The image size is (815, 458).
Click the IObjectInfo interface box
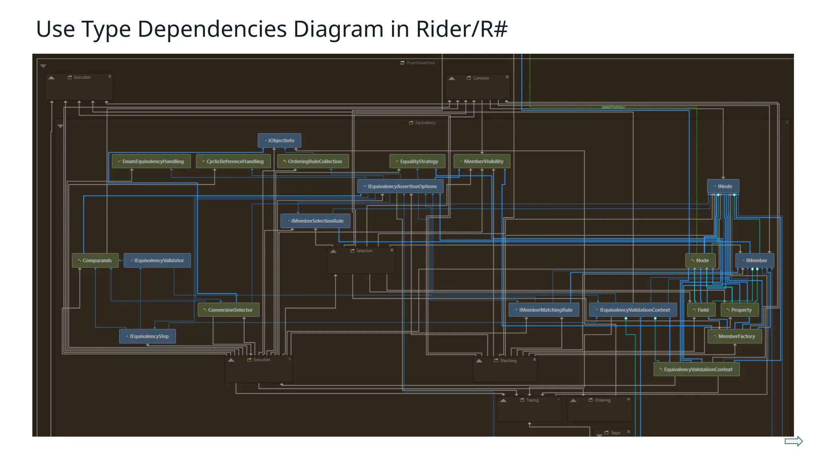[279, 140]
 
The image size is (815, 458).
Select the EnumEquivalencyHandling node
[151, 161]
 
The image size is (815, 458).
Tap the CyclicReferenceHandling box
[233, 161]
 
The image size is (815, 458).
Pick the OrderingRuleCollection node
[313, 161]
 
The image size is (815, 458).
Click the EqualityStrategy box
[417, 161]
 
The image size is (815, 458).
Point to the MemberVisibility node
[482, 161]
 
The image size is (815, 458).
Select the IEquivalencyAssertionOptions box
[400, 186]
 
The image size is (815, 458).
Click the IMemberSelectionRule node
[315, 221]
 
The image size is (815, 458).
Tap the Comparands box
[95, 260]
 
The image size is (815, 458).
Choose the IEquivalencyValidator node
[157, 260]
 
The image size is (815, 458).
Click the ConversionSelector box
[228, 310]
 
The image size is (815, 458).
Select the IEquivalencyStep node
[147, 336]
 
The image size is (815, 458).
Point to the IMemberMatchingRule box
[544, 310]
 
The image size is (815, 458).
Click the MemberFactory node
[735, 336]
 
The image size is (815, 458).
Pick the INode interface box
[723, 186]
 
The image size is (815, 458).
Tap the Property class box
[739, 310]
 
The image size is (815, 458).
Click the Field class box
[701, 310]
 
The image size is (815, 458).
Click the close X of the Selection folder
[392, 250]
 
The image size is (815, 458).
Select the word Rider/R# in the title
[462, 29]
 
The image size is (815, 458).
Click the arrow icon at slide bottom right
[794, 441]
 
